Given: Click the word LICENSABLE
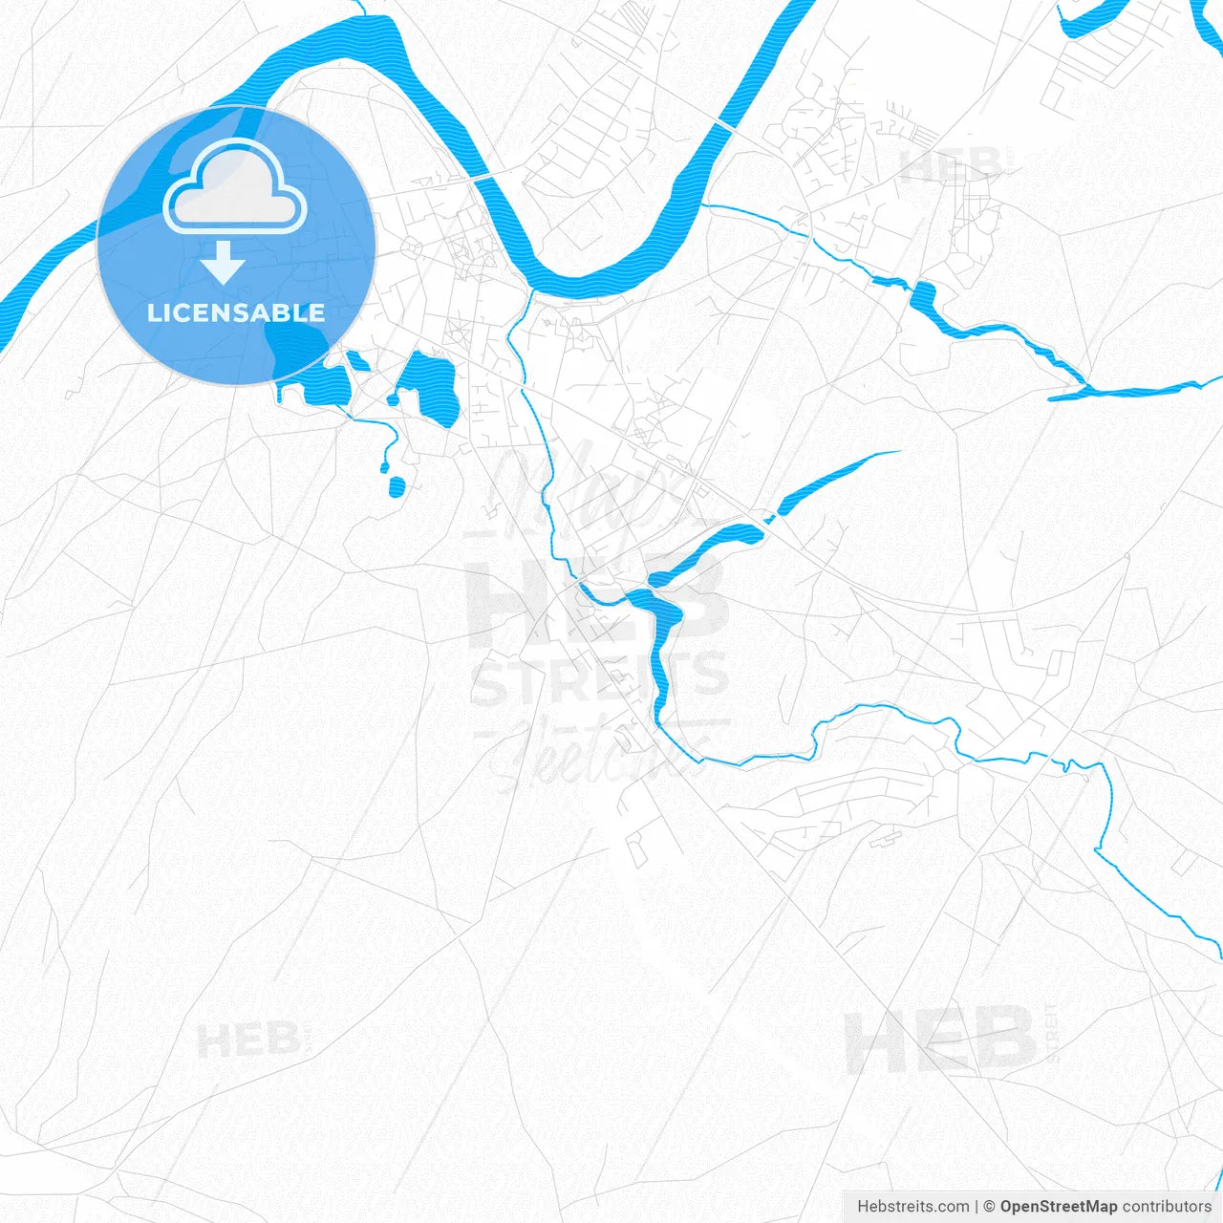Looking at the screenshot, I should pyautogui.click(x=236, y=312).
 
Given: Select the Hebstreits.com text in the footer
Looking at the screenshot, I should pyautogui.click(x=912, y=1207).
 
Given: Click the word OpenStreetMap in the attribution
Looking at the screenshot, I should pyautogui.click(x=1058, y=1207).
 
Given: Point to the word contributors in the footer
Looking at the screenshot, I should pyautogui.click(x=1167, y=1207).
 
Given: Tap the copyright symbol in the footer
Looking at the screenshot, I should pyautogui.click(x=990, y=1207).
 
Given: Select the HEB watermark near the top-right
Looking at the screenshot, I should pyautogui.click(x=950, y=164).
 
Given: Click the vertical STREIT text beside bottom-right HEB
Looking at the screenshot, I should pyautogui.click(x=1053, y=1032).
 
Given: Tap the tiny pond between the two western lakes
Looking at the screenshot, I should pyautogui.click(x=358, y=361).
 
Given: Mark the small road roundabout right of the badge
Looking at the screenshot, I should pyautogui.click(x=413, y=247).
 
